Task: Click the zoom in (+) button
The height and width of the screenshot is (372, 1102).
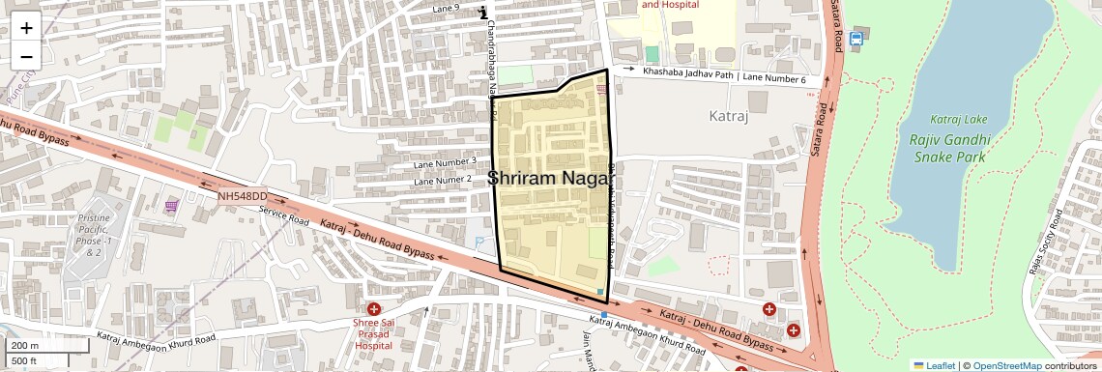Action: (26, 28)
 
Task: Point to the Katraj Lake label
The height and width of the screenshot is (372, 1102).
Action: (959, 119)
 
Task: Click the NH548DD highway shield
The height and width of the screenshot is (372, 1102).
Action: (242, 196)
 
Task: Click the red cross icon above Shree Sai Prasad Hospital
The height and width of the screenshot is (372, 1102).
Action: (373, 308)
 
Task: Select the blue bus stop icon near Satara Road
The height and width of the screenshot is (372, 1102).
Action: (855, 39)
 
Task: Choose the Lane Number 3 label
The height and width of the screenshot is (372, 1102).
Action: (445, 160)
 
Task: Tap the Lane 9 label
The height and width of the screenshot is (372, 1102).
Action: (446, 9)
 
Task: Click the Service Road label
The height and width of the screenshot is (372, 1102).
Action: (283, 215)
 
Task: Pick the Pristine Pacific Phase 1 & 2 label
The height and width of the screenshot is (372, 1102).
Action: (94, 236)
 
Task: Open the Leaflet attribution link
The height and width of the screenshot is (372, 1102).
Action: (934, 365)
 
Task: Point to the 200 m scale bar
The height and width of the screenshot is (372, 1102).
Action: (37, 346)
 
